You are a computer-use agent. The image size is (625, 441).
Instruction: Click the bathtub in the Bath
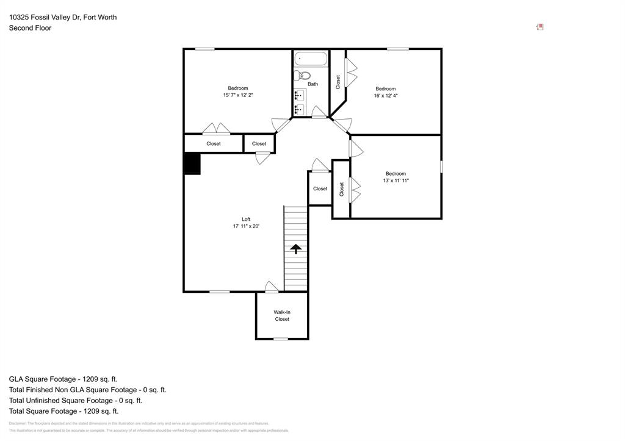pyautogui.click(x=311, y=59)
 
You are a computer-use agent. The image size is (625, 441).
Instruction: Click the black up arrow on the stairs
pyautogui.click(x=295, y=248)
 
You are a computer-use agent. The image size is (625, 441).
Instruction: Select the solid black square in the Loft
pyautogui.click(x=192, y=164)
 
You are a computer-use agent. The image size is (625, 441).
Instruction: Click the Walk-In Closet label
pyautogui.click(x=282, y=315)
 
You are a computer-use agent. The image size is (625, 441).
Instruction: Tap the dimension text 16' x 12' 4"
pyautogui.click(x=386, y=96)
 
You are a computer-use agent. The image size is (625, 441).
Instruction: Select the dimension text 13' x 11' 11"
pyautogui.click(x=396, y=181)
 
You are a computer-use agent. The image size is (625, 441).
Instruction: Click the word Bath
pyautogui.click(x=312, y=84)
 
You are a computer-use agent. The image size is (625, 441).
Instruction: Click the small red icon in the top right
pyautogui.click(x=540, y=27)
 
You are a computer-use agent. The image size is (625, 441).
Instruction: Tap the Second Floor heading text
pyautogui.click(x=30, y=28)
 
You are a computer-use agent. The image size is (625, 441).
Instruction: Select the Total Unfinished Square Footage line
pyautogui.click(x=76, y=401)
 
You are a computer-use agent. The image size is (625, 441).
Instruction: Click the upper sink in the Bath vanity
pyautogui.click(x=299, y=95)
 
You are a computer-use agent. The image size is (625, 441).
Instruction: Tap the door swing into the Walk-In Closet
pyautogui.click(x=272, y=287)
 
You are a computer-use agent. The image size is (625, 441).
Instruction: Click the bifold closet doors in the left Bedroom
pyautogui.click(x=216, y=129)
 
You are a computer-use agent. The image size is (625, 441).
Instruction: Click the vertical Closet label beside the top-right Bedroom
pyautogui.click(x=338, y=82)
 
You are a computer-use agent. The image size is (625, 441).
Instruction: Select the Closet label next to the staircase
pyautogui.click(x=320, y=188)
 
